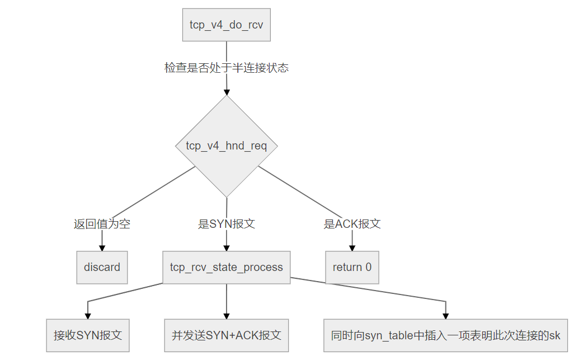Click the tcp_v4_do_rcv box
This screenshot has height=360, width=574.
coord(226,25)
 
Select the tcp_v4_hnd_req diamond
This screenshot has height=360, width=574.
coord(226,146)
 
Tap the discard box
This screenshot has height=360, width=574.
coord(102,268)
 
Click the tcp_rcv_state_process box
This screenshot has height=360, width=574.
coord(226,268)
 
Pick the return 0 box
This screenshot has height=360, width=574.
coord(352,268)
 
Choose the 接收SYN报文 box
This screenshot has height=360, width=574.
coord(87,335)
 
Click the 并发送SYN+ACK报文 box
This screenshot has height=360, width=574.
coord(226,335)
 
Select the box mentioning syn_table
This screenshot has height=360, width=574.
coord(445,335)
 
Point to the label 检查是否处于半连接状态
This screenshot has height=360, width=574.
coord(226,68)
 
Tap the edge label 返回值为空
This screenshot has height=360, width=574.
coord(102,224)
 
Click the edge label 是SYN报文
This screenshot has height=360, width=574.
coord(226,224)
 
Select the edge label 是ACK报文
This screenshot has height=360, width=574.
coord(352,224)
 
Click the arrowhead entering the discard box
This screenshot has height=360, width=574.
coord(102,248)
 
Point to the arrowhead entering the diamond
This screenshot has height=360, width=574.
coord(226,92)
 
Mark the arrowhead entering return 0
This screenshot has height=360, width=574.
coord(352,248)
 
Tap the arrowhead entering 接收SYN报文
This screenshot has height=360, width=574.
coord(87,316)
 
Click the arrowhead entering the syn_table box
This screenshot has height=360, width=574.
coord(445,316)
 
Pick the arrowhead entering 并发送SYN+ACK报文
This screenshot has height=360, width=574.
coord(226,316)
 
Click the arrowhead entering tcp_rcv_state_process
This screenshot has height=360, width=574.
coord(226,248)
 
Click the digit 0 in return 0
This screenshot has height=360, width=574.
coord(368,267)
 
